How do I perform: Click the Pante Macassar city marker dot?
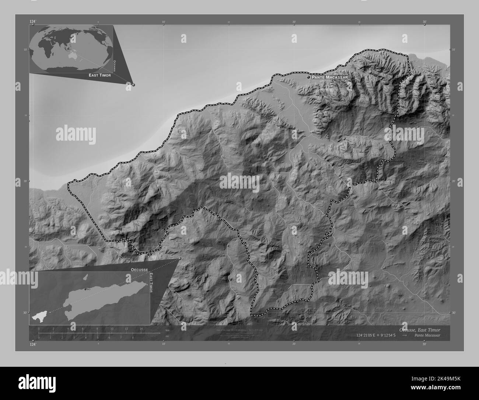pyautogui.click(x=308, y=77)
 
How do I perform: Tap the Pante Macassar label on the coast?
pyautogui.click(x=329, y=77)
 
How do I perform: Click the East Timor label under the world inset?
pyautogui.click(x=99, y=75)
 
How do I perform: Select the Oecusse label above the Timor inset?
pyautogui.click(x=139, y=270)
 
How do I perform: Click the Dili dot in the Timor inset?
pyautogui.click(x=85, y=289)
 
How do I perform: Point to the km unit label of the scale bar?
pyautogui.click(x=167, y=330)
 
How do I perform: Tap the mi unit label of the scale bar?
pyautogui.click(x=167, y=336)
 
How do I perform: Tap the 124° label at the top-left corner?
pyautogui.click(x=33, y=22)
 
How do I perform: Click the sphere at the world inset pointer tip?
pyautogui.click(x=133, y=85)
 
